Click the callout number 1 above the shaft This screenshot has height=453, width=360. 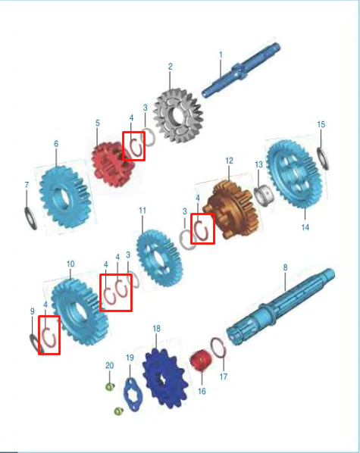pos(221,55)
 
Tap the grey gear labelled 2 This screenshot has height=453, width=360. pos(178,116)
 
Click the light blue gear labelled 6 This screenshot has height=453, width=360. pos(65,197)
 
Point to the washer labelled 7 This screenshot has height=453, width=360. pos(30,219)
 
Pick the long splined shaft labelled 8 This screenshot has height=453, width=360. pos(280,308)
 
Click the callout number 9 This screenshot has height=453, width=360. pos(33,311)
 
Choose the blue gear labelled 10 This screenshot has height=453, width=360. pos(80,312)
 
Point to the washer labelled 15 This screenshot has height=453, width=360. pos(323,158)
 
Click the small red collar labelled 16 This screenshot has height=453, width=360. pos(200,361)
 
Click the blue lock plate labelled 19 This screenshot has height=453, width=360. pos(133,395)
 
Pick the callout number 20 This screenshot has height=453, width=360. pos(109,365)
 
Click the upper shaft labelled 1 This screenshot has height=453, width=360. pos(241,70)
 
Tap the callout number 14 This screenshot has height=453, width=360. pos(305,227)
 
